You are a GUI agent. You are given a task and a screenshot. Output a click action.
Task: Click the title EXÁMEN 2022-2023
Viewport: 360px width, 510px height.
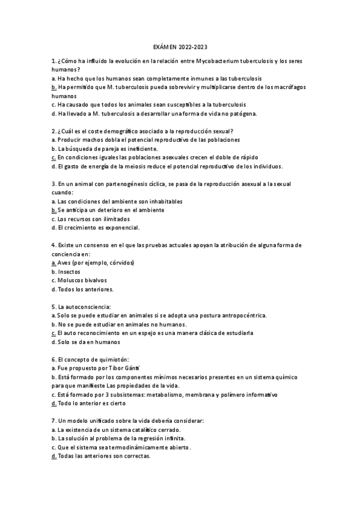pos(180,46)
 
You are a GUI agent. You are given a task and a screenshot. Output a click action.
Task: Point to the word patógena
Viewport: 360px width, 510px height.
pos(224,113)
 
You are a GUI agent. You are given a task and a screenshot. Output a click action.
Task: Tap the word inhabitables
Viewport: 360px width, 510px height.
pos(161,201)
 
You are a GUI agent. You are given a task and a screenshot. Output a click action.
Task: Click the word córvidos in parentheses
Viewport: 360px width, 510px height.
pos(119,262)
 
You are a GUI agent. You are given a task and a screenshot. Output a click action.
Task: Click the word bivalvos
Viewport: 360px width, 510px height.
pos(93,280)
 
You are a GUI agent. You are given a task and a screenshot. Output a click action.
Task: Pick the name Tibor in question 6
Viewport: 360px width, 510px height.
pos(111,367)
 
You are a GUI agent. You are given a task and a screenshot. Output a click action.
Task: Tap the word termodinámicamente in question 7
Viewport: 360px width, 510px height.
pos(152,447)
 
